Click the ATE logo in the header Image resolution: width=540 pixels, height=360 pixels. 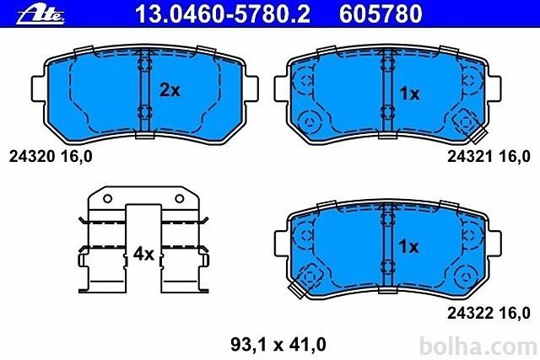click(40, 15)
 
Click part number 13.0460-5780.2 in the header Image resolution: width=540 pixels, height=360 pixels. click(223, 13)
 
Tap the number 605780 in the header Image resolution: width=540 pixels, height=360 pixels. click(381, 13)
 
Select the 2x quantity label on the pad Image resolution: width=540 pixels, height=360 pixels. click(170, 90)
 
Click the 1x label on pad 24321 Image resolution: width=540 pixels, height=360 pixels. click(409, 94)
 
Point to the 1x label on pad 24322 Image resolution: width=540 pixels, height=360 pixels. click(408, 246)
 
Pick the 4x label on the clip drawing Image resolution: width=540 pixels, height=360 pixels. click(143, 254)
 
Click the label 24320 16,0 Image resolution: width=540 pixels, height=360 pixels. click(51, 157)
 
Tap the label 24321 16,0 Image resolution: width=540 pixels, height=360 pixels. click(489, 157)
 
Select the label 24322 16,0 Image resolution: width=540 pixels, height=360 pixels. click(489, 313)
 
